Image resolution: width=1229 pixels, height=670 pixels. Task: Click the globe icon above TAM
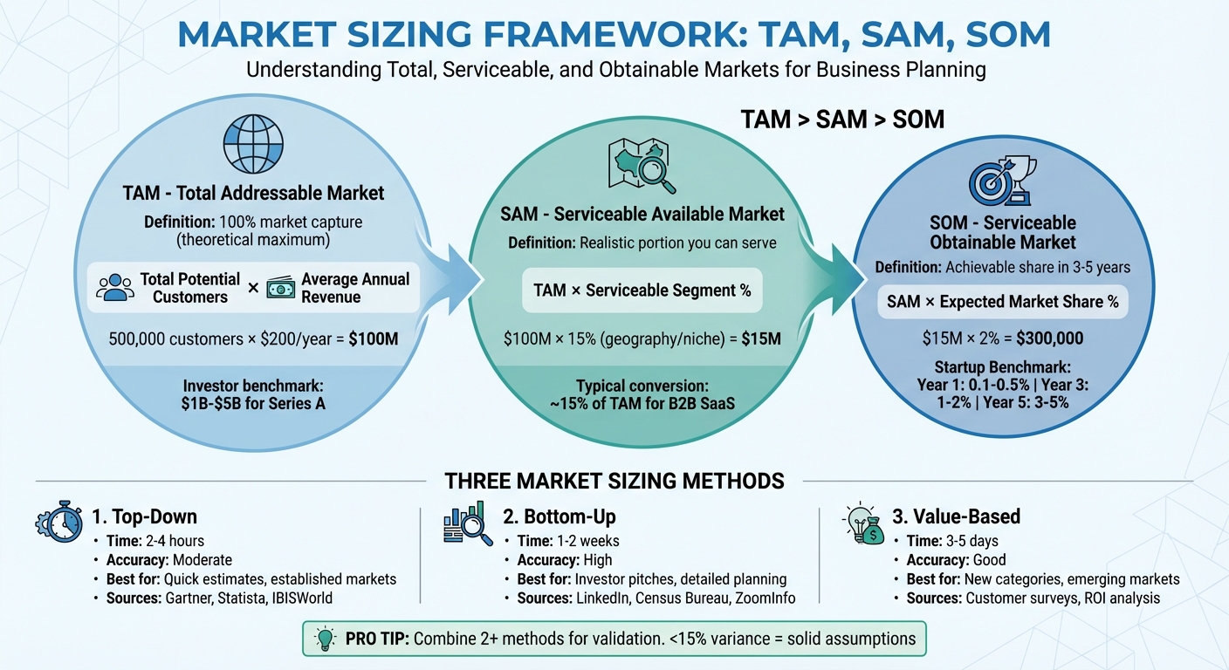(x=253, y=144)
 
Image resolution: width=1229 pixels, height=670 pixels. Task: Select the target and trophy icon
(x=1002, y=181)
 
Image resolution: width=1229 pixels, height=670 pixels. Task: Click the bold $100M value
(x=373, y=338)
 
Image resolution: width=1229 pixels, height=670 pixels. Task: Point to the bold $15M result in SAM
(x=761, y=338)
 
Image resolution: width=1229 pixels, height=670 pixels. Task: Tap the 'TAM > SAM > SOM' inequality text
(x=842, y=119)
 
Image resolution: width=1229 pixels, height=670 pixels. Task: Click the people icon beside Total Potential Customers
(x=115, y=288)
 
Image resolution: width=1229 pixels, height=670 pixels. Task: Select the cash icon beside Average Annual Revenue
(x=281, y=288)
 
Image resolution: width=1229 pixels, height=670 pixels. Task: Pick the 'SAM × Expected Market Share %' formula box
(x=1003, y=302)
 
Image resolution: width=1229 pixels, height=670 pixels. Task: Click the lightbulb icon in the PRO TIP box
(x=326, y=639)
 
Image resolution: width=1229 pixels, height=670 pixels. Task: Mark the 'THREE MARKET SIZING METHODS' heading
(x=614, y=481)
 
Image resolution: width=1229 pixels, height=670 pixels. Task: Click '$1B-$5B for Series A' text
(x=253, y=404)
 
